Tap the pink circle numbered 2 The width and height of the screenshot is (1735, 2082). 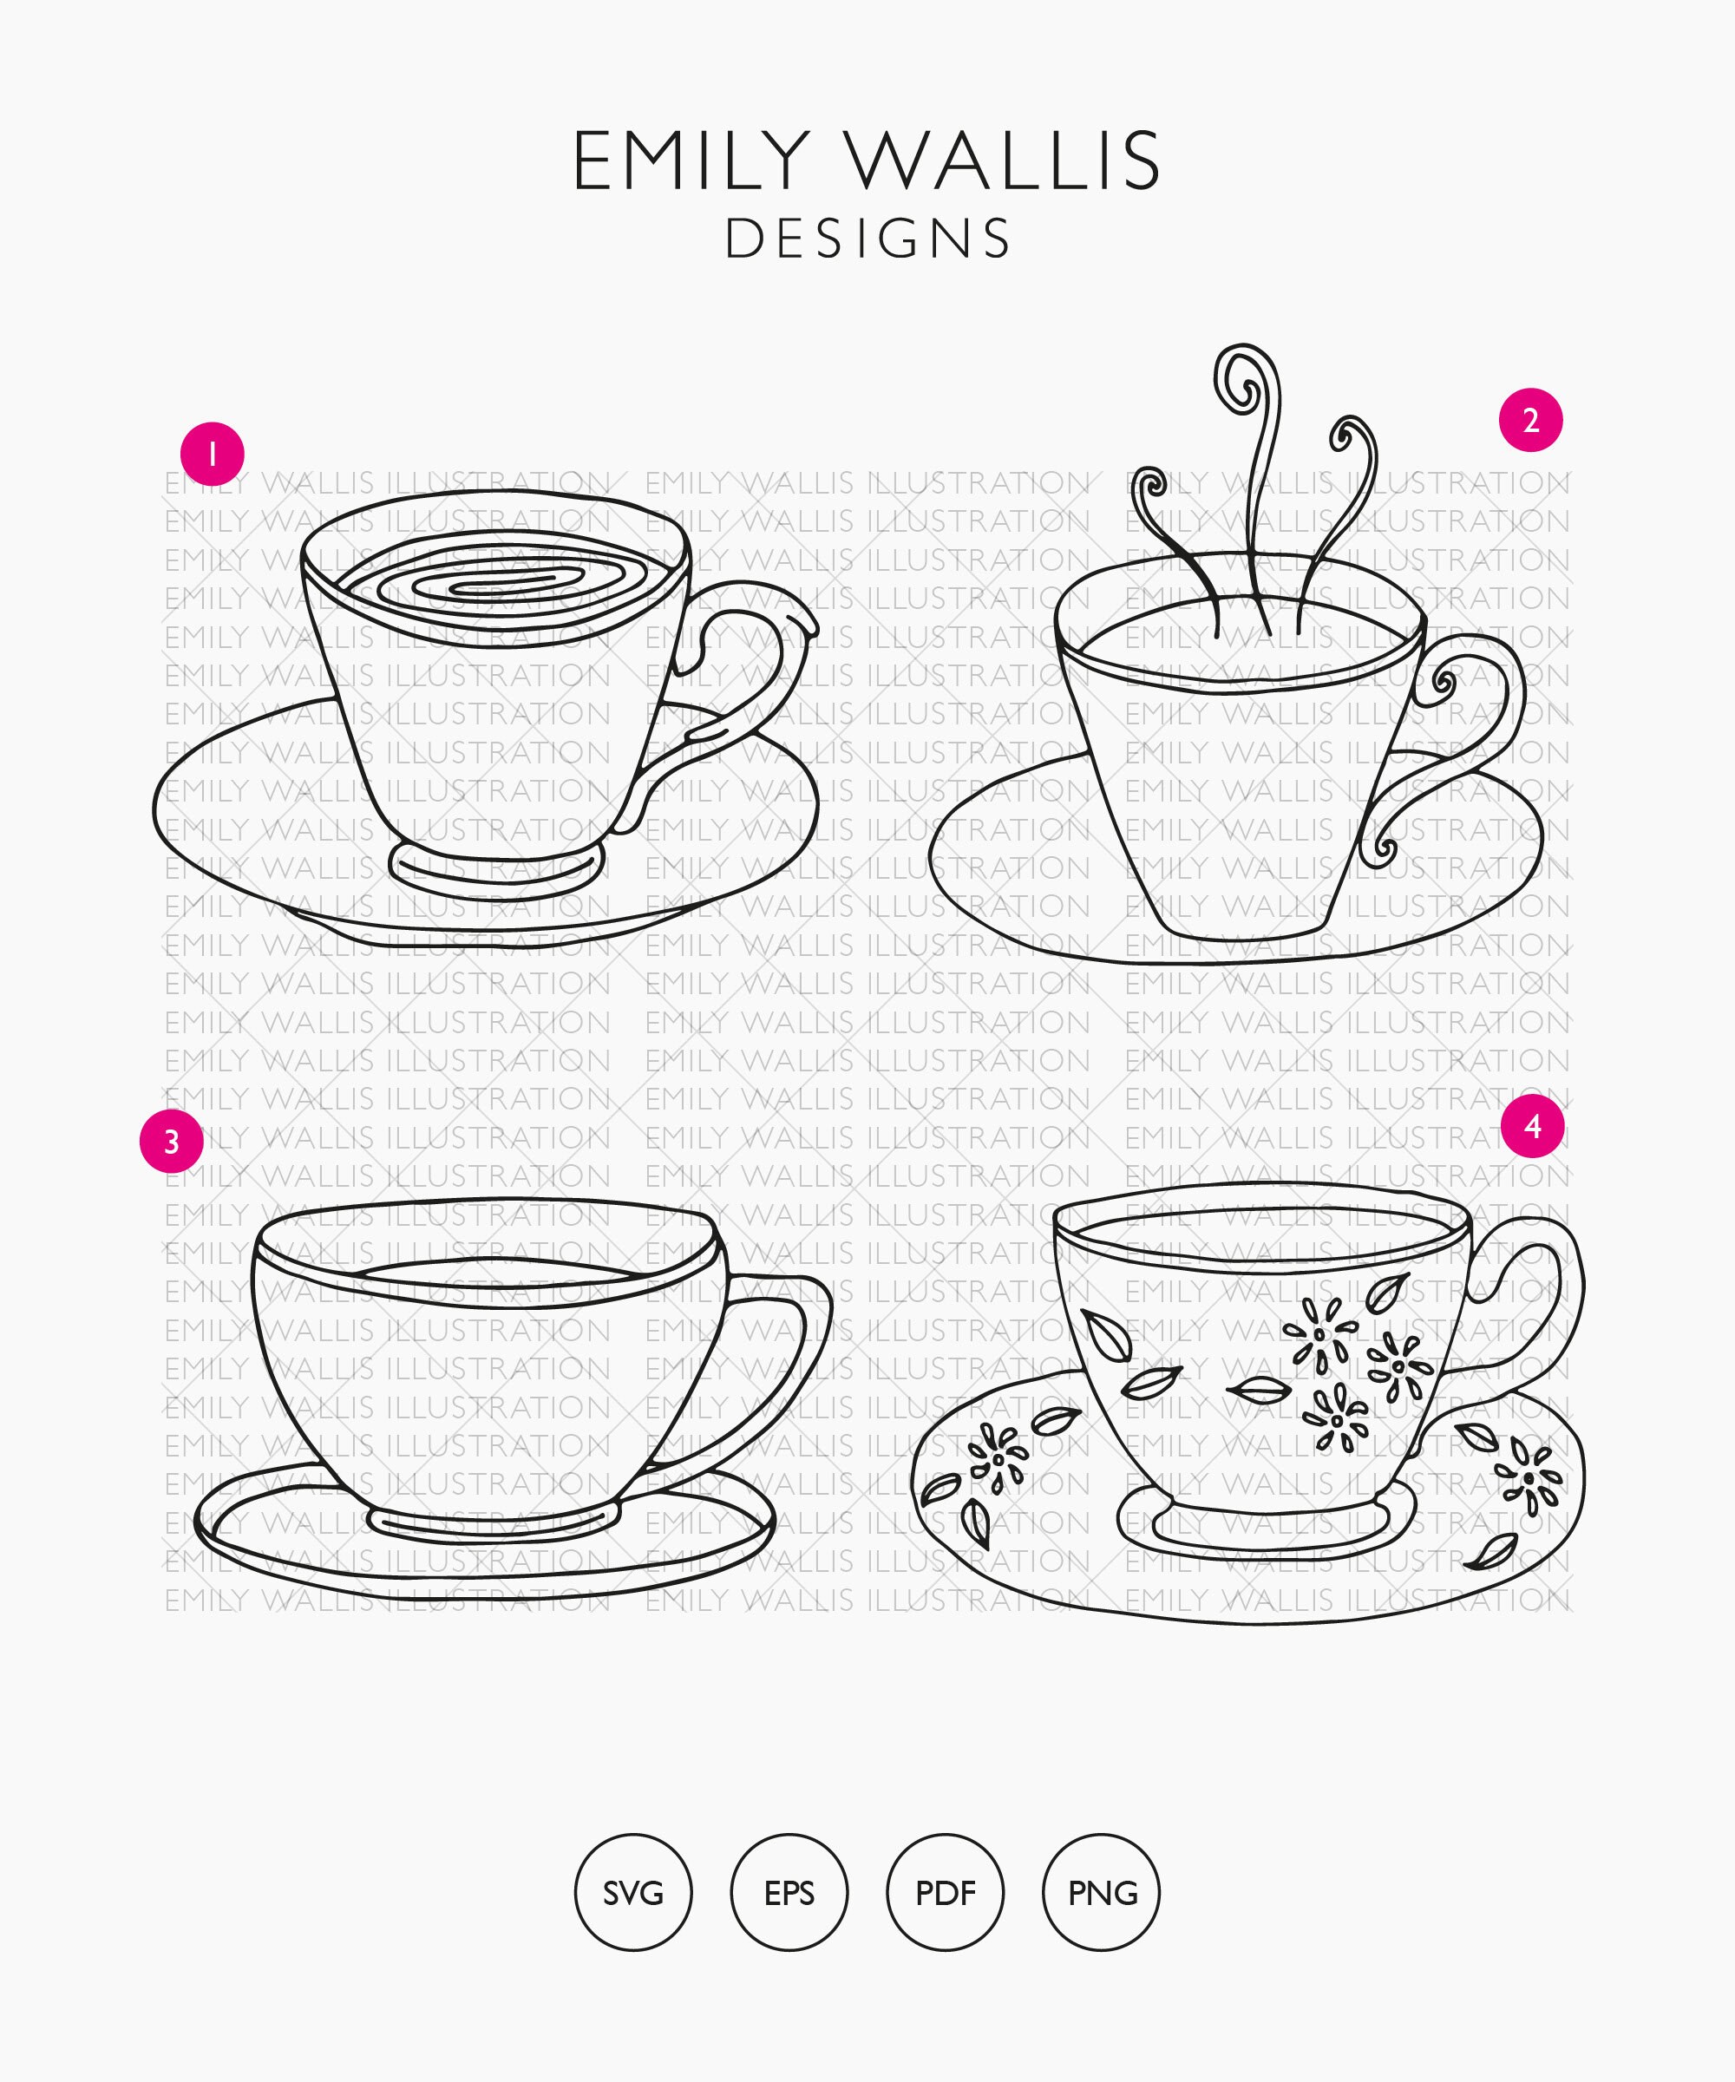click(x=1531, y=421)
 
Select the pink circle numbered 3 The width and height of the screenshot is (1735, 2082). click(x=172, y=1141)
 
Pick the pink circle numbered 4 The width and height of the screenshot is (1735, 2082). click(x=1533, y=1125)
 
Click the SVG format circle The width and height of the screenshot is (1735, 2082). click(x=633, y=1893)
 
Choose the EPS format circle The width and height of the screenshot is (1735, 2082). click(x=789, y=1893)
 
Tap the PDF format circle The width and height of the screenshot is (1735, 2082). click(x=945, y=1893)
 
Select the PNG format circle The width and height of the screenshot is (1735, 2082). click(x=1102, y=1893)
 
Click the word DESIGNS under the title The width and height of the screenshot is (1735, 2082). click(x=867, y=239)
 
